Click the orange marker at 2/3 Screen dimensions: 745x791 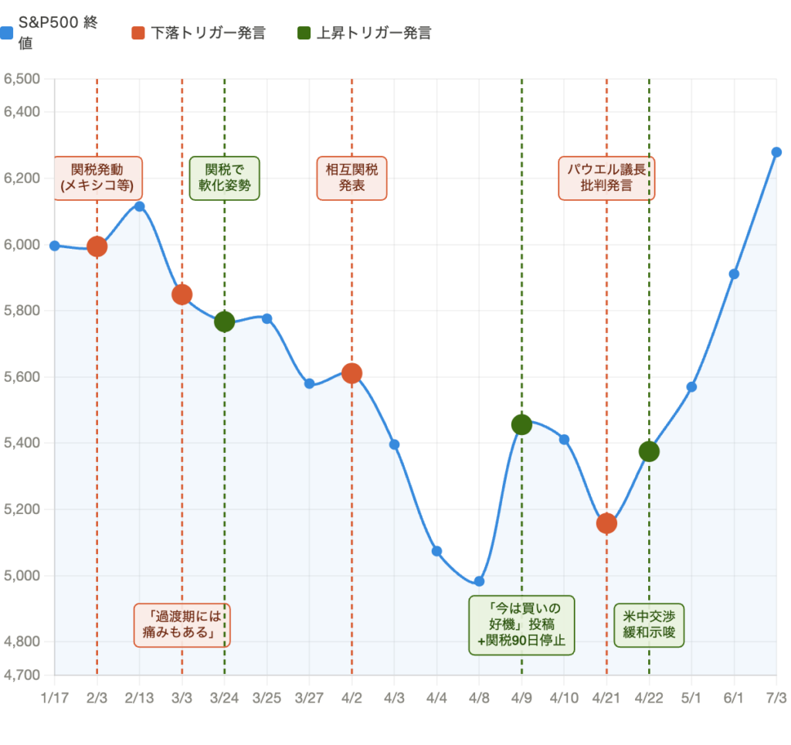(97, 247)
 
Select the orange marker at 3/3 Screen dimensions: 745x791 (182, 294)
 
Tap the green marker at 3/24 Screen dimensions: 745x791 (224, 321)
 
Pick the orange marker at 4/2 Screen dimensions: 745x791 (351, 373)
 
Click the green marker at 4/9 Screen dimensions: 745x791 (521, 424)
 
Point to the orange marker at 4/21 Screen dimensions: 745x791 (606, 523)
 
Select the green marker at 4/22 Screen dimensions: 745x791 (649, 451)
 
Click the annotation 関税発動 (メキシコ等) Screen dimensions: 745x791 (97, 178)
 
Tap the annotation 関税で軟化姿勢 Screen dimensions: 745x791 (224, 178)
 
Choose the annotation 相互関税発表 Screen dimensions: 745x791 (351, 178)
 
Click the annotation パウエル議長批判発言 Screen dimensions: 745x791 (606, 178)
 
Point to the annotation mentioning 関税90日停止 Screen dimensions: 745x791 (521, 624)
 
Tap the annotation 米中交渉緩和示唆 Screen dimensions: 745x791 (649, 625)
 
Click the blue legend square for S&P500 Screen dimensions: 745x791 (7, 33)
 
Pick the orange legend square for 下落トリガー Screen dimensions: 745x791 (138, 33)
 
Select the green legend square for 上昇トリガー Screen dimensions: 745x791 (304, 33)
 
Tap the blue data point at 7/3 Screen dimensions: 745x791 (776, 152)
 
